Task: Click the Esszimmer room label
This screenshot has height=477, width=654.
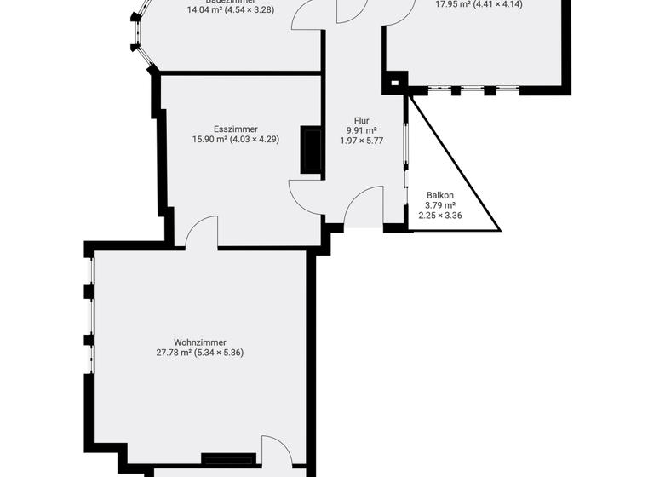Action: (236, 129)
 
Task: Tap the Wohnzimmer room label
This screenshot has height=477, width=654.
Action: (200, 342)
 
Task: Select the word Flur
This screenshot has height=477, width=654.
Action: (362, 120)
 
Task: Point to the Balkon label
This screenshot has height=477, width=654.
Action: (439, 195)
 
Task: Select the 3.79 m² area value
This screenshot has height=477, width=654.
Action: (439, 205)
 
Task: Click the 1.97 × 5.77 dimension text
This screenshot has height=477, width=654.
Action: (362, 141)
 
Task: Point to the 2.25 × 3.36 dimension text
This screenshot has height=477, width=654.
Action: (439, 216)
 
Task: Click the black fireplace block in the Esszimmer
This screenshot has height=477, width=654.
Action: (312, 151)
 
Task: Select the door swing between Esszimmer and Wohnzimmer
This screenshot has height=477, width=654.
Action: (201, 232)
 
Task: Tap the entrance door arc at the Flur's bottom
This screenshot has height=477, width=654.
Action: (364, 207)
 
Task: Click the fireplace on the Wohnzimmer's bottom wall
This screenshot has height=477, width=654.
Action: (228, 459)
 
